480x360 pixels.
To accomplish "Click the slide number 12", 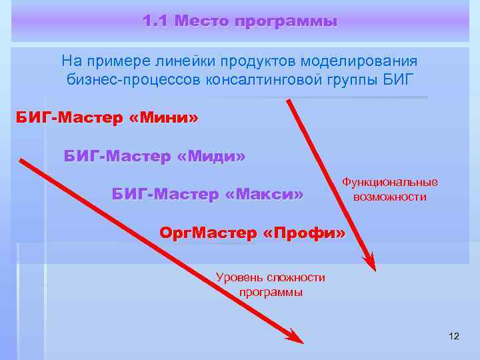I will pyautogui.click(x=454, y=335).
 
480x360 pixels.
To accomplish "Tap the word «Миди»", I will pyautogui.click(x=212, y=157).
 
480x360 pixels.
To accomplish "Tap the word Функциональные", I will pyautogui.click(x=390, y=182).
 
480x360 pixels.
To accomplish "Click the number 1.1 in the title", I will pyautogui.click(x=155, y=21).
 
